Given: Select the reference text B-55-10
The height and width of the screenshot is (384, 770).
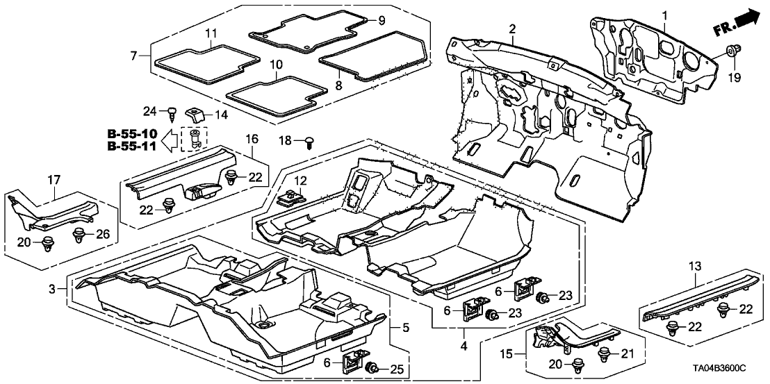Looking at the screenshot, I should click(x=132, y=133).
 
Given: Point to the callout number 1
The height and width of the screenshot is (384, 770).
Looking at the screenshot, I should click(x=664, y=15).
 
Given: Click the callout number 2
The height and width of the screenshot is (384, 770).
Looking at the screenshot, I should click(x=512, y=29).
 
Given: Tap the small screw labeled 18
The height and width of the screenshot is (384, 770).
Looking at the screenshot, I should click(x=309, y=142).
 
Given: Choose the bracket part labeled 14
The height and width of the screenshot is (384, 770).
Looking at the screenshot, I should click(x=194, y=114).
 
